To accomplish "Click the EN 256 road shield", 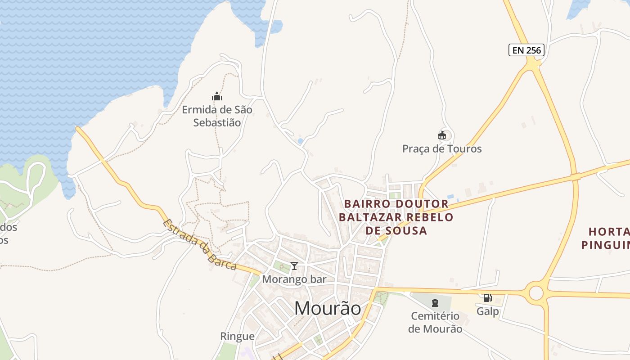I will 526,50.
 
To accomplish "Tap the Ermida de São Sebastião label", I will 217,116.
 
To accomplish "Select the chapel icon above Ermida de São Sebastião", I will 217,96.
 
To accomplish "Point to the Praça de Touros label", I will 442,148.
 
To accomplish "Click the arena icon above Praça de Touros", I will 442,135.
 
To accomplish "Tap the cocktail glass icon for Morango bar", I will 294,266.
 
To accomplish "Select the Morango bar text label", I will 294,279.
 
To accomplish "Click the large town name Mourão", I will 328,309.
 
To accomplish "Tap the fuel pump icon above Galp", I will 487,298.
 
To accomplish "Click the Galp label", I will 488,311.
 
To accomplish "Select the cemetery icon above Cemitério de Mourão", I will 435,303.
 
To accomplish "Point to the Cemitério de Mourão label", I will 435,322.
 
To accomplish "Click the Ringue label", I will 237,336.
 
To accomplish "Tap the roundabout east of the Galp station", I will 536,293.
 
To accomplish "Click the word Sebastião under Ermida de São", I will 217,122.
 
